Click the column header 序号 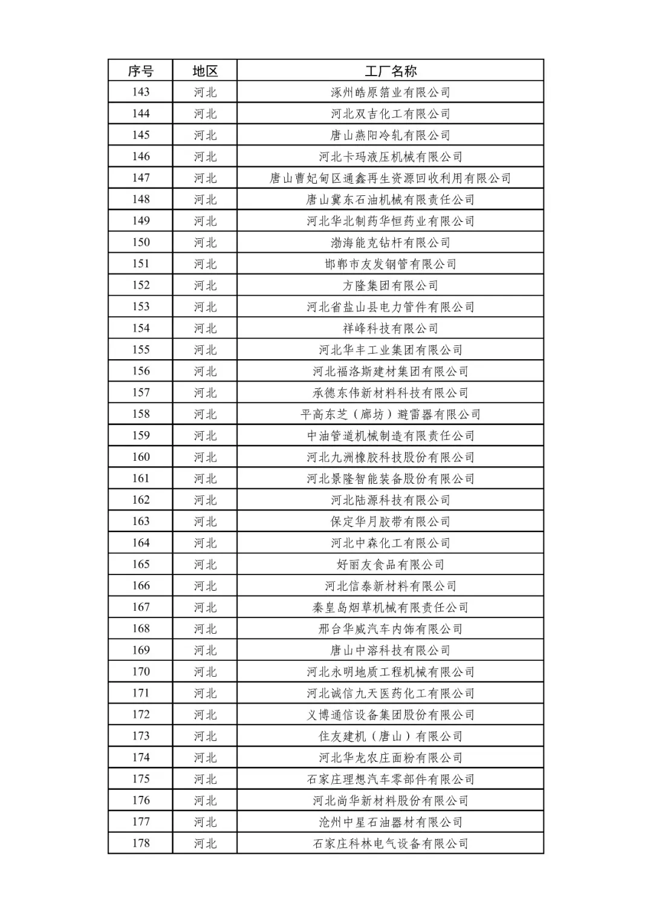click(x=140, y=71)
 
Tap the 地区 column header click(x=205, y=71)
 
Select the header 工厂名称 click(x=391, y=71)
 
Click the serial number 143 click(x=140, y=92)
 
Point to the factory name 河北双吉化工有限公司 click(x=391, y=114)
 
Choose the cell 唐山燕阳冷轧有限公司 click(x=391, y=135)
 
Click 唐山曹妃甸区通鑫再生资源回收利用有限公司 click(x=391, y=178)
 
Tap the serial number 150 click(x=140, y=242)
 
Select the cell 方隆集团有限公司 click(x=391, y=285)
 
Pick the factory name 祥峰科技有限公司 click(x=391, y=328)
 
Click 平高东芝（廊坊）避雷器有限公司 click(x=391, y=414)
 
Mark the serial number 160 click(x=140, y=457)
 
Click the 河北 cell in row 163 click(x=205, y=521)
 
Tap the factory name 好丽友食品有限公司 click(x=391, y=564)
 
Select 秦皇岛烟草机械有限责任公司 click(x=391, y=607)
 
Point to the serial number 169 click(x=140, y=650)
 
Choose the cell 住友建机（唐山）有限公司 click(x=391, y=736)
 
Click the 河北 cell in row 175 click(x=205, y=779)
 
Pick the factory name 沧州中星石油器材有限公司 click(x=391, y=822)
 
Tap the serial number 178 click(x=140, y=843)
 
